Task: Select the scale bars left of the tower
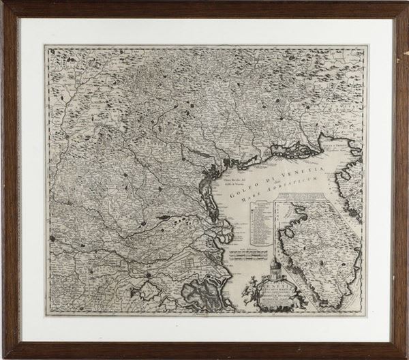(247, 255)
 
